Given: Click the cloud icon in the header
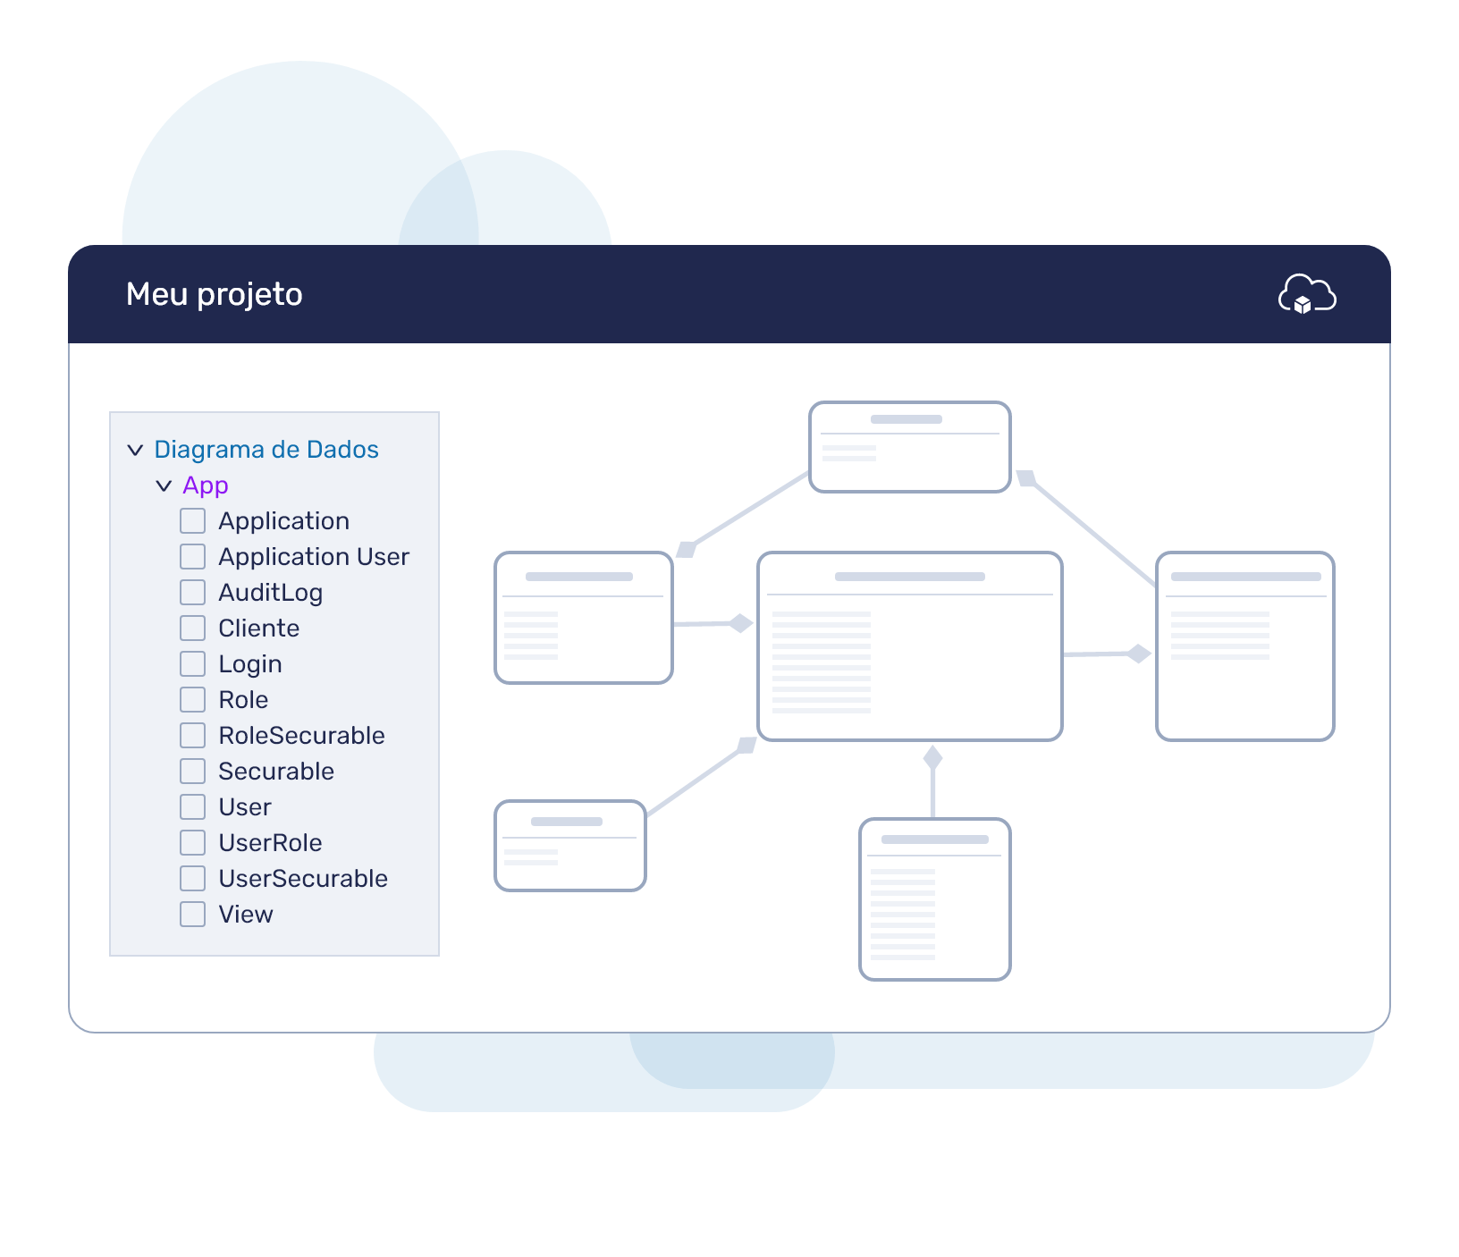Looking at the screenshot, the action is tap(1307, 294).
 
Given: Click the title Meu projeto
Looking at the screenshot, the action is tap(215, 294).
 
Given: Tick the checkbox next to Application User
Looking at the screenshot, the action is tap(192, 556).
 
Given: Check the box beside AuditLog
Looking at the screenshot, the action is tap(192, 592).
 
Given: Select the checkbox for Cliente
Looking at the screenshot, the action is tap(192, 628).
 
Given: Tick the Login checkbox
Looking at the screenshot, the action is tap(192, 663).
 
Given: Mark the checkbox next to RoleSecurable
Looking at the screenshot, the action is tap(192, 735).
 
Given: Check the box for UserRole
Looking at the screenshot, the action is tap(192, 842).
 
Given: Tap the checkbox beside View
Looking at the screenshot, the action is tap(192, 914).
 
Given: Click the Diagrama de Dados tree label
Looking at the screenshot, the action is tap(266, 449).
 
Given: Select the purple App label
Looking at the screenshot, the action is tap(206, 485).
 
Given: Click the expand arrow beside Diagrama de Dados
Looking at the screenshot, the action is tap(135, 450).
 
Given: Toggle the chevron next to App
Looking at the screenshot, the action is tap(164, 485).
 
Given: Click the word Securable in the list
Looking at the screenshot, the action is tap(276, 771).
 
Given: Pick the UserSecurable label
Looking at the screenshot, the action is tap(303, 878).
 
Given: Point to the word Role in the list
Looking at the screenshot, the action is tap(243, 699).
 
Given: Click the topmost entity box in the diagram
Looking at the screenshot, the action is tap(910, 447).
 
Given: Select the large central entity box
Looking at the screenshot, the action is tap(910, 646).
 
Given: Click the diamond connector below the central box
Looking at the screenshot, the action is tap(933, 758).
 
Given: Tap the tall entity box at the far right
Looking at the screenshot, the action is tap(1245, 646).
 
